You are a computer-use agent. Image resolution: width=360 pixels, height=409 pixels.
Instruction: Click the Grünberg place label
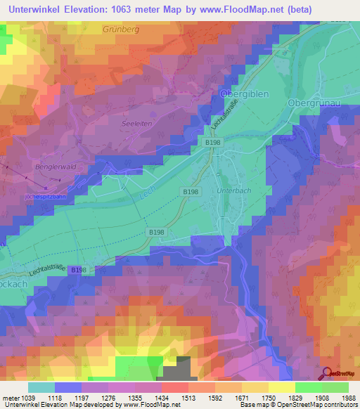(x=122, y=30)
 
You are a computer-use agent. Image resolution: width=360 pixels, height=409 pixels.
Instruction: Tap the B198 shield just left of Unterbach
(x=190, y=191)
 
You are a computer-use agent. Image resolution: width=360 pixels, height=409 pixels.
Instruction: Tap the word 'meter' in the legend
(x=11, y=397)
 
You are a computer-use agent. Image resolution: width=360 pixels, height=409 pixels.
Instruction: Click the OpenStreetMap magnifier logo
(x=326, y=373)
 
